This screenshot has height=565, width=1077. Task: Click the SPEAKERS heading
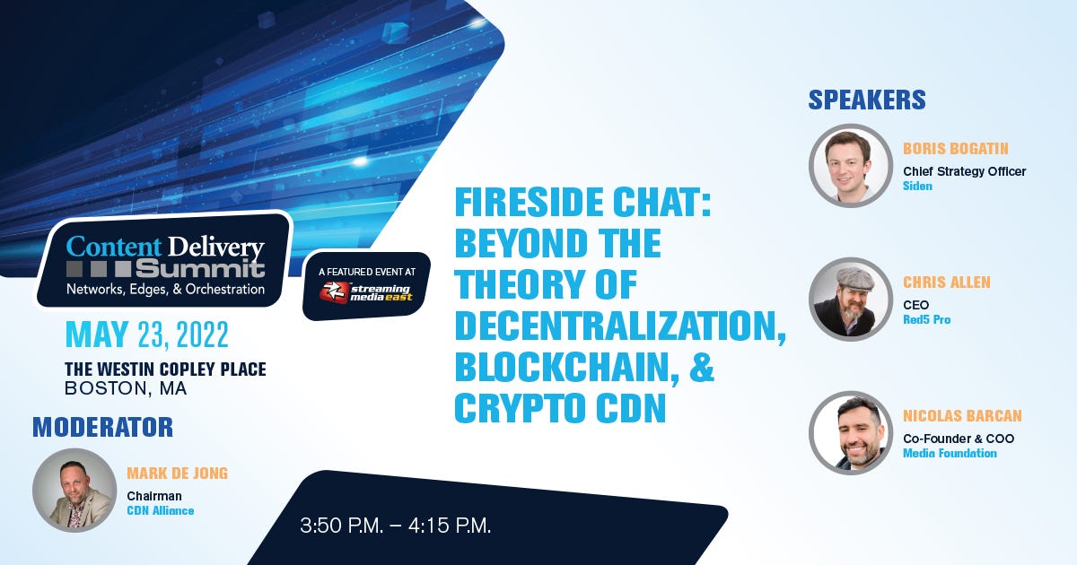(x=866, y=100)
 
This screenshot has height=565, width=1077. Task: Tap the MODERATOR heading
(x=102, y=427)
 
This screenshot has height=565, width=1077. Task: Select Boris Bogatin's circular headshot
(x=851, y=166)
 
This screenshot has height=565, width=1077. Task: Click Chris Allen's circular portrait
(x=851, y=300)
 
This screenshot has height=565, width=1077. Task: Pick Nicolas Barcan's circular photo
(x=851, y=433)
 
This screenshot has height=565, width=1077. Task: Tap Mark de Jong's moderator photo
(x=74, y=490)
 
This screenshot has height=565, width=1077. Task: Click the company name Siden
(x=917, y=186)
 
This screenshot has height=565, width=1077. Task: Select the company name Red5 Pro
(x=926, y=319)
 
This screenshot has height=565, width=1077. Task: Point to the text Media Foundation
(x=950, y=453)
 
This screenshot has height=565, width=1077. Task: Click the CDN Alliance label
(x=161, y=510)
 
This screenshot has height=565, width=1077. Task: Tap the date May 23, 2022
(x=146, y=335)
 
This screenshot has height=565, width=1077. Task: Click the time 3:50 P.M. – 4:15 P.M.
(x=395, y=526)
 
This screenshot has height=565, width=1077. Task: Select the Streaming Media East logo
(x=366, y=292)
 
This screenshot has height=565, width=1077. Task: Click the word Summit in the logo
(x=200, y=269)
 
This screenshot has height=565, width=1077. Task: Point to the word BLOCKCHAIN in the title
(x=566, y=367)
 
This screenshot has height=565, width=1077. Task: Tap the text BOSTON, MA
(x=126, y=388)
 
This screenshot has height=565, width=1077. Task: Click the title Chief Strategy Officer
(x=965, y=171)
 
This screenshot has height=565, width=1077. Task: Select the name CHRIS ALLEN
(x=947, y=282)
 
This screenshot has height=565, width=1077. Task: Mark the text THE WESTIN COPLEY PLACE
(x=165, y=369)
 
